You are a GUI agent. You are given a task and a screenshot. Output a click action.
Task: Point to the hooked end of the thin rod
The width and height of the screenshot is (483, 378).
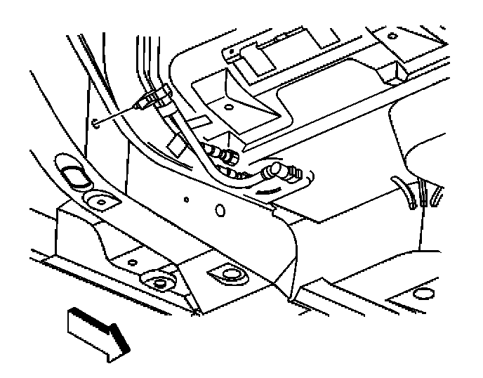(95, 126)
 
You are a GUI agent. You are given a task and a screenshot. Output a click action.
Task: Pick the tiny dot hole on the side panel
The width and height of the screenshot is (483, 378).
(185, 199)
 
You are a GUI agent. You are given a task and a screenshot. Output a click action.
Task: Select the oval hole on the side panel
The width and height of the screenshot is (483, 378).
(220, 210)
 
